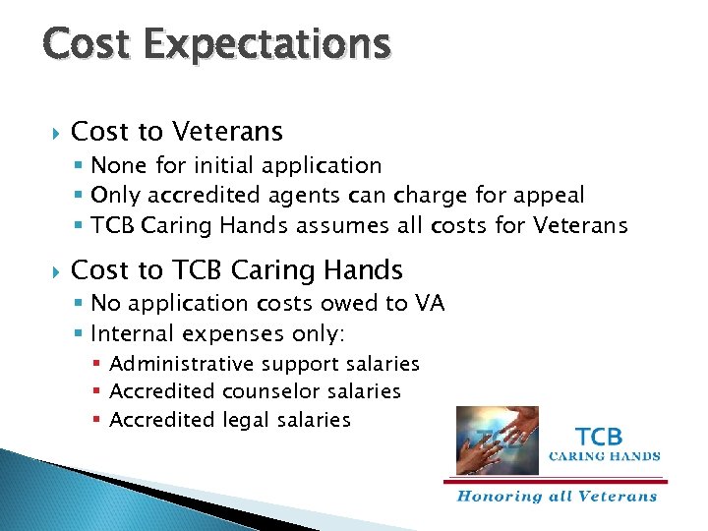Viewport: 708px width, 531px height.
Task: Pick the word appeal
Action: (x=549, y=196)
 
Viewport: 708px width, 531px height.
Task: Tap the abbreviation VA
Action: (x=429, y=304)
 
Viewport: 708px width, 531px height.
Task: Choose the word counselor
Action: (x=268, y=391)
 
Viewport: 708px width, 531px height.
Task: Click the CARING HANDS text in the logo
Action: (x=604, y=456)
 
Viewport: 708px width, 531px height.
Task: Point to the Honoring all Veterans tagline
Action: (x=557, y=496)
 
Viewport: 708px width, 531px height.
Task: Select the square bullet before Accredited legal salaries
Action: (x=96, y=421)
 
